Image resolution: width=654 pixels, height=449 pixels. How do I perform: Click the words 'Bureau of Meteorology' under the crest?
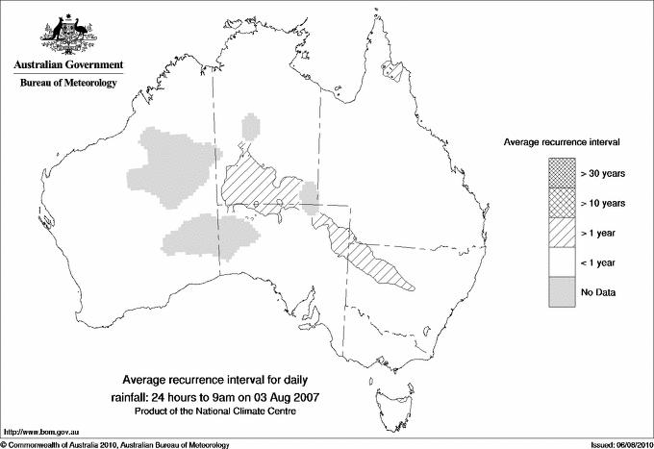[67, 83]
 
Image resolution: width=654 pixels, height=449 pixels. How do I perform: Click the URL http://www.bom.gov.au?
[38, 432]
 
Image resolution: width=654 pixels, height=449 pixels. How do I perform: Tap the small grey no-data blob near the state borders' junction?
[309, 200]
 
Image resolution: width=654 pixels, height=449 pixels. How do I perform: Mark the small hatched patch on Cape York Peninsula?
[390, 69]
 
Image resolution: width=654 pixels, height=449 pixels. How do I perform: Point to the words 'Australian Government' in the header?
[67, 65]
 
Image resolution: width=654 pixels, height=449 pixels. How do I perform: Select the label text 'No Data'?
[597, 291]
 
